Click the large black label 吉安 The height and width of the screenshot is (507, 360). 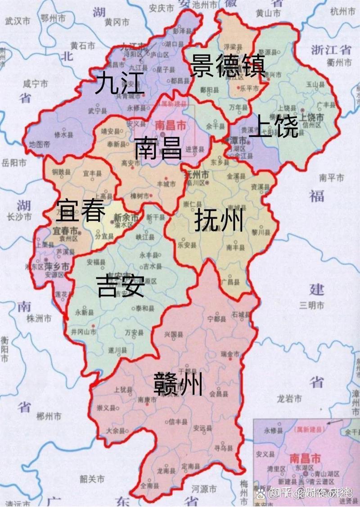(121, 286)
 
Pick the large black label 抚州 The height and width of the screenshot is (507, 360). (219, 221)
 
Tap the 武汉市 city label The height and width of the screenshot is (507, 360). (17, 21)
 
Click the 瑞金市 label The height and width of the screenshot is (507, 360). (230, 354)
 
